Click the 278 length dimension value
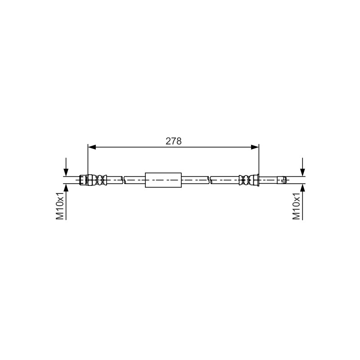click(x=174, y=141)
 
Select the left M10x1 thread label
click(x=60, y=206)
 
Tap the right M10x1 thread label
click(x=296, y=206)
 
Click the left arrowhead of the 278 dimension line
click(x=92, y=147)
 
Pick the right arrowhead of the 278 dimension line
click(x=255, y=147)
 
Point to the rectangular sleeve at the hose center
click(x=163, y=180)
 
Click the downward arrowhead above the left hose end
click(x=66, y=172)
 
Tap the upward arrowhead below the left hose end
click(x=66, y=188)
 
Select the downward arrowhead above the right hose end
click(x=302, y=172)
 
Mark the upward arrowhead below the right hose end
click(x=302, y=188)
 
